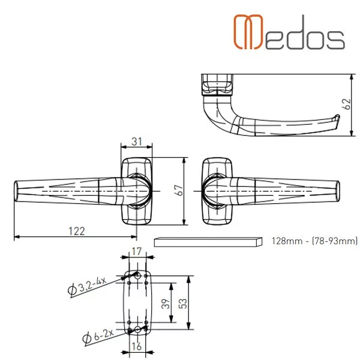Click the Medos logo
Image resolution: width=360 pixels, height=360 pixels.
point(289,32)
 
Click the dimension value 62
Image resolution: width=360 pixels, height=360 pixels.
point(347,104)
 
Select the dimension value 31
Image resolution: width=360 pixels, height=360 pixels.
point(137,142)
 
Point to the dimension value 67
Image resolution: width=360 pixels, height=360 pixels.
point(179,190)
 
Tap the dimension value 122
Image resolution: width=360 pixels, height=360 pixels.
point(77,231)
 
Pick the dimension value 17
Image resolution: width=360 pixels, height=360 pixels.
point(137,251)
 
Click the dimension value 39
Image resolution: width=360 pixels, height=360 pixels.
point(166,303)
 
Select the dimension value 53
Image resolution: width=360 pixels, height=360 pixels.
point(182,303)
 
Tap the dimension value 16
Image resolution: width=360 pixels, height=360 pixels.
point(136,346)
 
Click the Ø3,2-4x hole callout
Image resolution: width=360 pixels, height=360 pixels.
point(88,286)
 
